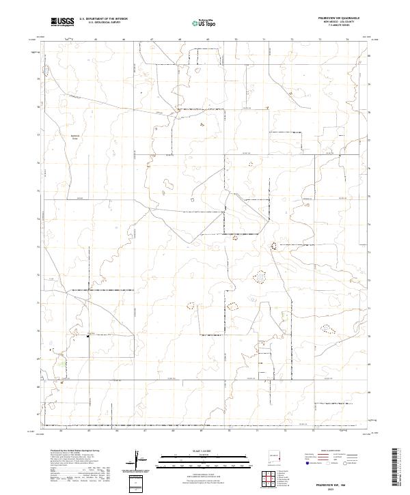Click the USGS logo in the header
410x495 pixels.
pyautogui.click(x=62, y=22)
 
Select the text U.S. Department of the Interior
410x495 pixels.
pyautogui.click(x=103, y=19)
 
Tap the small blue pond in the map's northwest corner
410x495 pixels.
pyautogui.click(x=46, y=70)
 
